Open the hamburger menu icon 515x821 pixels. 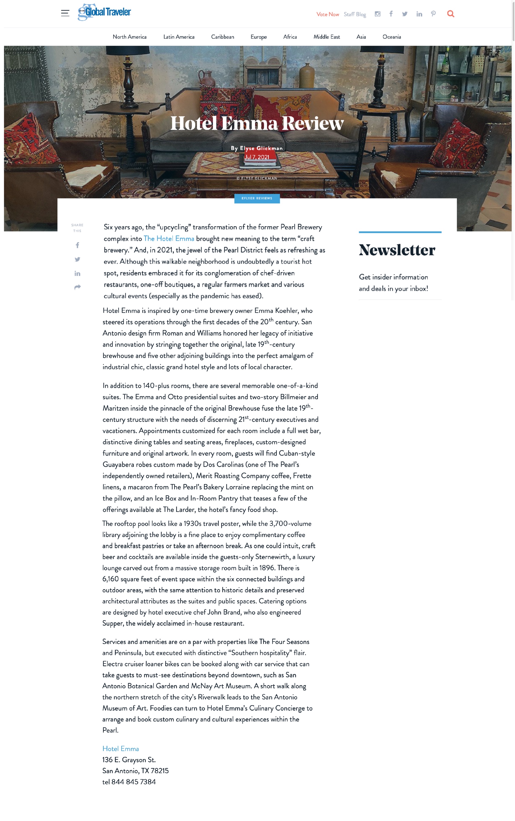tap(65, 13)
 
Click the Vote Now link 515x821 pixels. tap(327, 14)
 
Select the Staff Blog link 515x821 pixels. tap(355, 14)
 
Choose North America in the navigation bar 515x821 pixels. tap(129, 37)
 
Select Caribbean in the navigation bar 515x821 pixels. tap(222, 37)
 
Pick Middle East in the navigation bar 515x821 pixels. tap(326, 37)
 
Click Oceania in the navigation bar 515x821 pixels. tap(391, 37)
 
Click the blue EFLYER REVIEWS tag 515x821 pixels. tap(257, 198)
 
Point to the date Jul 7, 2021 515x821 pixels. tap(257, 157)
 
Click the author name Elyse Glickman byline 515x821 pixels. tap(261, 148)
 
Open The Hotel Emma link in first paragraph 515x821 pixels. tap(169, 239)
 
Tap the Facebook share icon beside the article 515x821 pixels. tap(77, 245)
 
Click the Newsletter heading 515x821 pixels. tap(397, 250)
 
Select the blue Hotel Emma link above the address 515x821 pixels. tap(120, 749)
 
